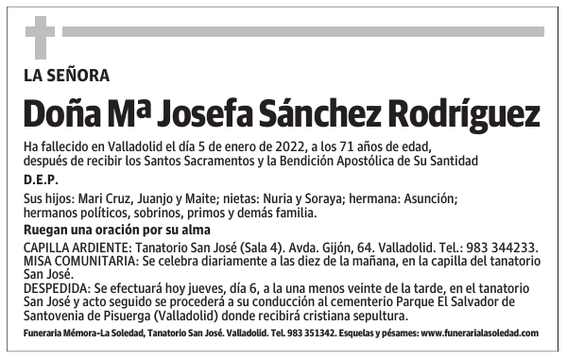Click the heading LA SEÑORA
tap(67, 75)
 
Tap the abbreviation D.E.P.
tap(41, 180)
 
